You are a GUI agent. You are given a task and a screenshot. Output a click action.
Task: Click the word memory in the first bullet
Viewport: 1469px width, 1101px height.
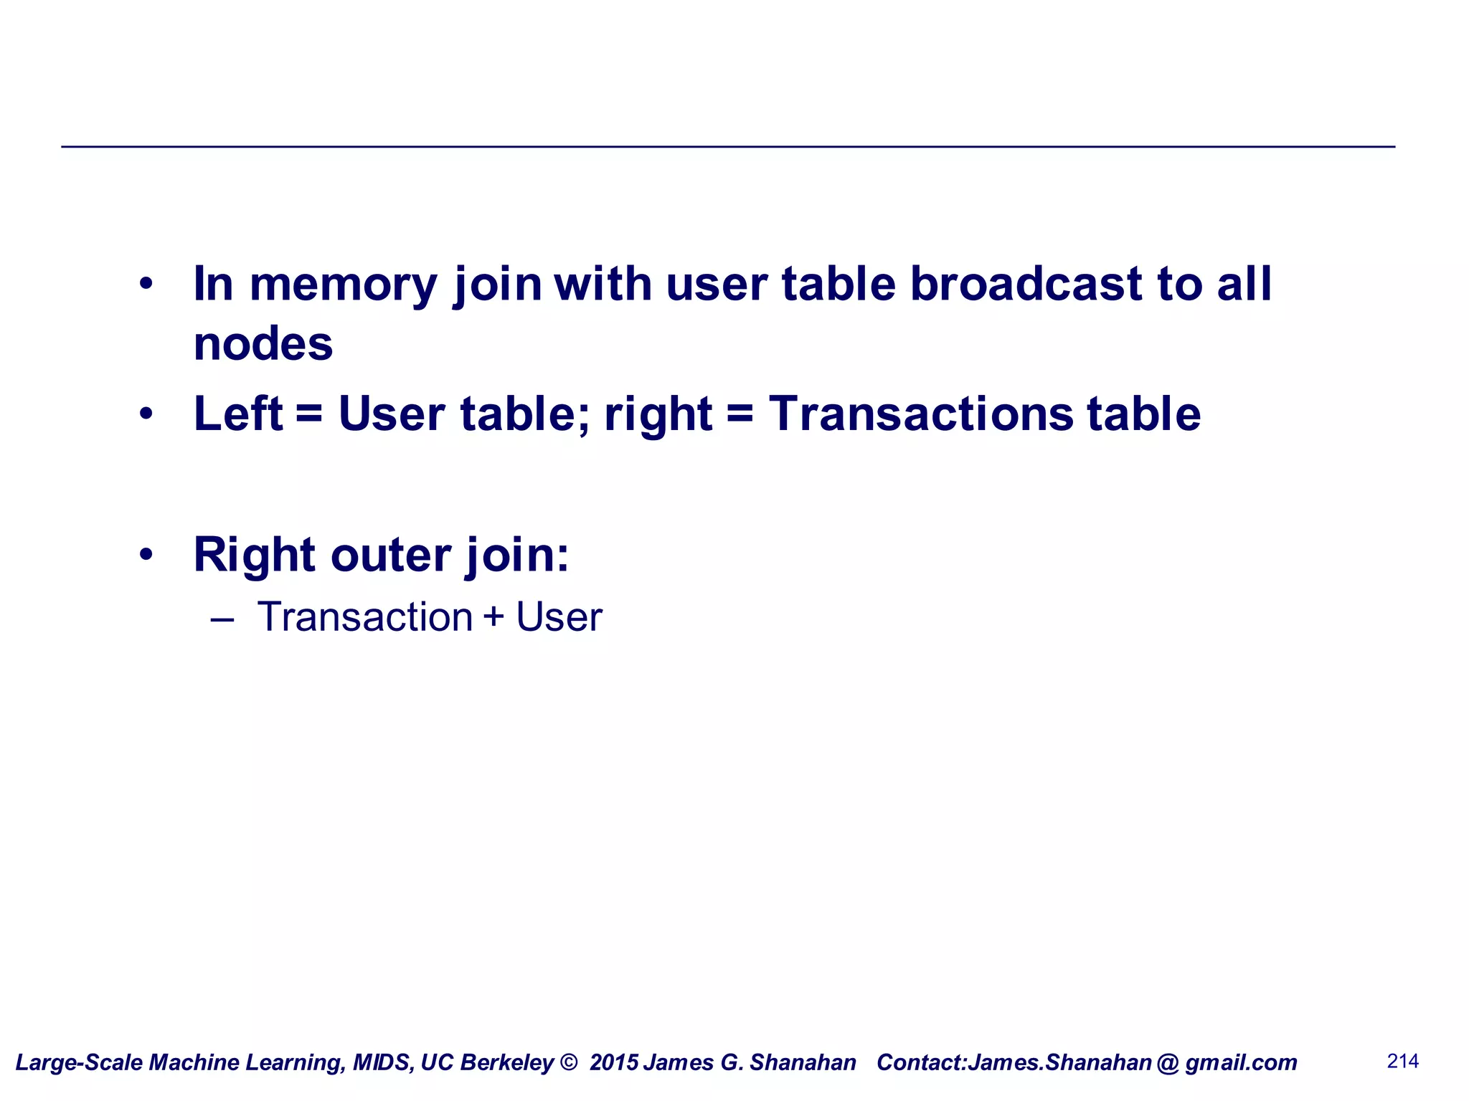343,285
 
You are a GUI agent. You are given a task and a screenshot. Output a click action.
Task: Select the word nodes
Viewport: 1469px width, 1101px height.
263,344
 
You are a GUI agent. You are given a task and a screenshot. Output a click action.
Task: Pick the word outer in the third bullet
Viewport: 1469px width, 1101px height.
391,555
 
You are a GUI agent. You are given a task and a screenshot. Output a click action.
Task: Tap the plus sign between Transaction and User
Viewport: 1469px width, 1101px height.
493,617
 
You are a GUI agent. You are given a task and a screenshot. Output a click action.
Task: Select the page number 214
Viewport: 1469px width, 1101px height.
1403,1061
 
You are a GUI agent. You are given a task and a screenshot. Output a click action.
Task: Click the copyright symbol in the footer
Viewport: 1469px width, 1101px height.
568,1062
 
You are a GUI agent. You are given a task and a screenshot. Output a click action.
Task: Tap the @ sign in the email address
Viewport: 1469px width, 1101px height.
1168,1062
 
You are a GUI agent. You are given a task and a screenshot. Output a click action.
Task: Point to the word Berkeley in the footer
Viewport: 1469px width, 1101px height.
507,1062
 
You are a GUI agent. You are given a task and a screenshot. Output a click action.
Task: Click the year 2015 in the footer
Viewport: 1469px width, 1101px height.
614,1062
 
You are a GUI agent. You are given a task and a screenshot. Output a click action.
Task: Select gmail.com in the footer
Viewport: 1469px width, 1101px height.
1241,1062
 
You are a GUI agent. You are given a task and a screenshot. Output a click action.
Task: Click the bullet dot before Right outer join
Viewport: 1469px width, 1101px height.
146,554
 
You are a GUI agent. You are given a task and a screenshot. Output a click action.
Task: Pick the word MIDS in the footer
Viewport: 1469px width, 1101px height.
382,1062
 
